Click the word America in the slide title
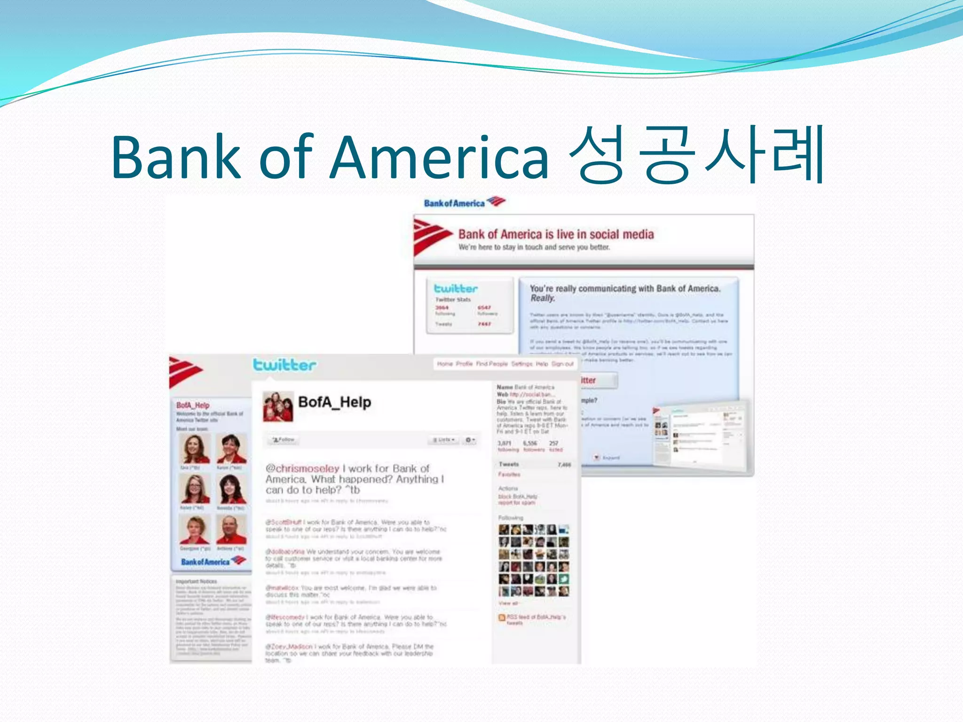(x=440, y=157)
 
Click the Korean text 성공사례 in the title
(x=696, y=155)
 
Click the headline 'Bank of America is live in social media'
(x=556, y=234)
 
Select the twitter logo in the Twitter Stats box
(x=455, y=288)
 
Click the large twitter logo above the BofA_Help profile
(x=284, y=365)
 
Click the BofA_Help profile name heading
(x=334, y=402)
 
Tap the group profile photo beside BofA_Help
(x=277, y=407)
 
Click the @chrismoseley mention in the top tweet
(x=302, y=469)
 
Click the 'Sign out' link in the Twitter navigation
(x=562, y=364)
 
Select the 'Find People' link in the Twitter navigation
(x=491, y=364)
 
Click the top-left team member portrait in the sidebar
(x=194, y=449)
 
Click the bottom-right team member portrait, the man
(x=231, y=529)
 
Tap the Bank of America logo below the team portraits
(x=213, y=561)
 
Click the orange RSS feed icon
(x=502, y=617)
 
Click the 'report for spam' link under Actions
(x=516, y=502)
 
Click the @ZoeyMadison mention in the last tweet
(x=289, y=646)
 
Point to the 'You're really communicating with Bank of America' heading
(x=624, y=289)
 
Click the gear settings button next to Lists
(x=470, y=440)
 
